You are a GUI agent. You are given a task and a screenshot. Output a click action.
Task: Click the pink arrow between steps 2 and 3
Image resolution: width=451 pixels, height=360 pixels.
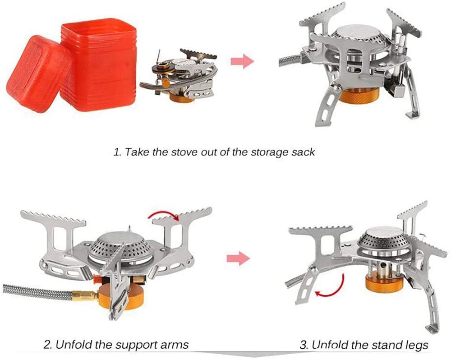click(237, 258)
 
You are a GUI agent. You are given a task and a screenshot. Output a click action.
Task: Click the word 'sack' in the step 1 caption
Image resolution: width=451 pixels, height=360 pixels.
click(303, 152)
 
